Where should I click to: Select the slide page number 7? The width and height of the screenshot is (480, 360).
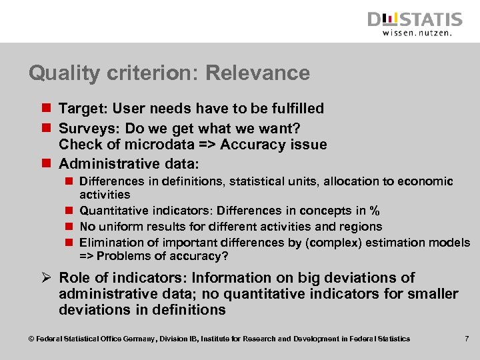(x=467, y=339)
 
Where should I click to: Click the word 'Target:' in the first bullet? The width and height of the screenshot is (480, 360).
(x=82, y=109)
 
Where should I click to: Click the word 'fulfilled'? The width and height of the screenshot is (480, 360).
(x=294, y=109)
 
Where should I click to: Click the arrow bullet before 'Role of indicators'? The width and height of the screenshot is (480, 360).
(x=45, y=278)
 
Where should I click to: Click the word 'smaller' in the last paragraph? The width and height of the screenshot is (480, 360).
(x=434, y=294)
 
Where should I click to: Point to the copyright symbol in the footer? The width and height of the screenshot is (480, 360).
(x=31, y=339)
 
